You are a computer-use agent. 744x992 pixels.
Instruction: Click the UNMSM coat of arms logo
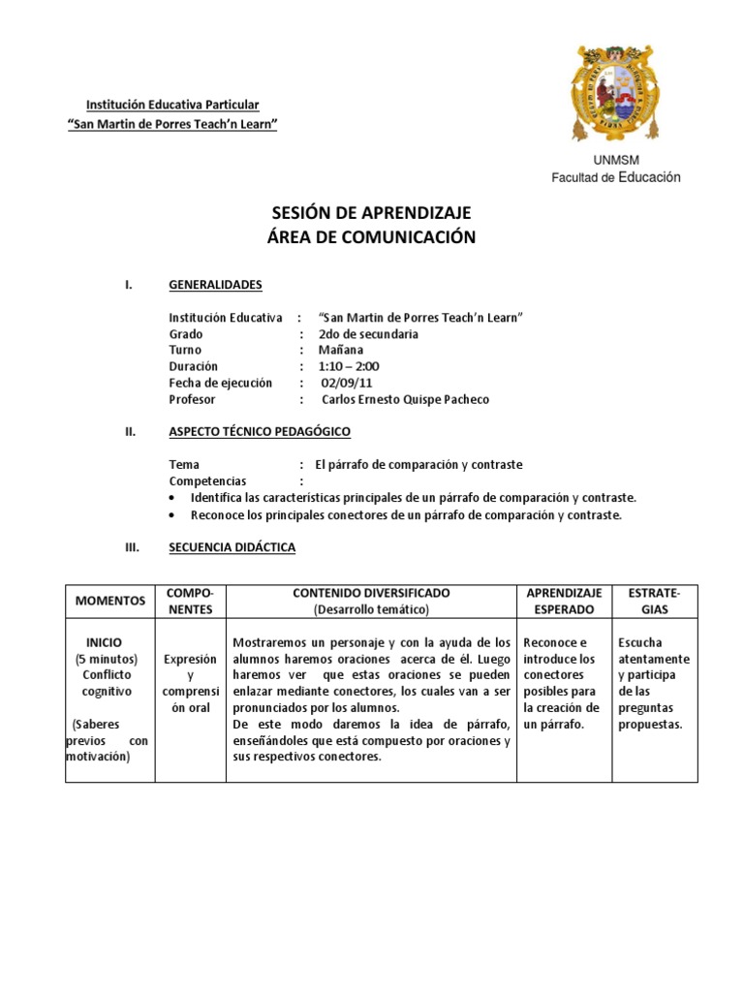point(616,93)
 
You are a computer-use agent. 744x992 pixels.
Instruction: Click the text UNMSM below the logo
point(615,160)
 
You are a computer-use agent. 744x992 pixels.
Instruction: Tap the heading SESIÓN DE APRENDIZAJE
point(372,214)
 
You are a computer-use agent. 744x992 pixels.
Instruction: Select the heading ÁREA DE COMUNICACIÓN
point(372,237)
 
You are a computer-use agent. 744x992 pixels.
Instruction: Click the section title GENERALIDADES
point(215,285)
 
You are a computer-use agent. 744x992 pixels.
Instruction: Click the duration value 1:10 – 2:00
point(349,366)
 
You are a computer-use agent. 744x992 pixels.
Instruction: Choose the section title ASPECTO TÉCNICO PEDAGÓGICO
point(260,431)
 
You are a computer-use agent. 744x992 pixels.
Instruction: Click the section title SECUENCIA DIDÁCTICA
point(232,547)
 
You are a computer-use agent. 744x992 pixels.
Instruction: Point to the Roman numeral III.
point(134,547)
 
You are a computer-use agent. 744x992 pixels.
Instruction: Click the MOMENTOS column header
point(110,601)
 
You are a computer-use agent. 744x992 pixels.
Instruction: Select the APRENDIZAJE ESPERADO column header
point(564,601)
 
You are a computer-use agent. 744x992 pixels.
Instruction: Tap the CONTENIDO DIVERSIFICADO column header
point(371,592)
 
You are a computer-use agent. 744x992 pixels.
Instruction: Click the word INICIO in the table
point(104,642)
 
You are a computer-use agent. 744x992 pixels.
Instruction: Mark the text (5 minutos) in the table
point(107,659)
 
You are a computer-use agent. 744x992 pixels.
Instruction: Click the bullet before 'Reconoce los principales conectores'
point(172,515)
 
